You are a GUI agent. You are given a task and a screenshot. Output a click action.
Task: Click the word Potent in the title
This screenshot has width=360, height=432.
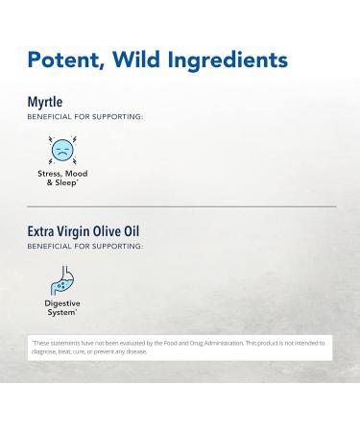(67, 60)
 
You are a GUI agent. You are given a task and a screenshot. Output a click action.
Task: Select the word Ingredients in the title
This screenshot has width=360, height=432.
(234, 60)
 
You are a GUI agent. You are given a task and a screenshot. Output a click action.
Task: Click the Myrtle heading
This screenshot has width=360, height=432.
(45, 102)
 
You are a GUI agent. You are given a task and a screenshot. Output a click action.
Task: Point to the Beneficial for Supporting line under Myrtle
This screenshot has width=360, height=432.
(85, 116)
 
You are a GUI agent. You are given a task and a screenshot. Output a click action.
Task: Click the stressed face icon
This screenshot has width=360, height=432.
(61, 150)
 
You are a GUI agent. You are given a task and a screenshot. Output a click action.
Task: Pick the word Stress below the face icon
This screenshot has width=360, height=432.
(50, 174)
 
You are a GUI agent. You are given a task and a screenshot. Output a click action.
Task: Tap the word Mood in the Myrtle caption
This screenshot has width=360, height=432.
(76, 174)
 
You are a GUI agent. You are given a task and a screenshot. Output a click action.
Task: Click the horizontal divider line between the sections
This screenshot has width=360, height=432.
(181, 206)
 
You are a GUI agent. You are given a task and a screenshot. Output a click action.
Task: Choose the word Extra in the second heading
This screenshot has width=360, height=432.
(43, 231)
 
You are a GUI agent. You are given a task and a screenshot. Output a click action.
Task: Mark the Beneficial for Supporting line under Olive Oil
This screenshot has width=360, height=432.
(85, 246)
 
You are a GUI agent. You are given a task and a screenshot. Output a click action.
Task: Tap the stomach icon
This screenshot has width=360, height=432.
(61, 280)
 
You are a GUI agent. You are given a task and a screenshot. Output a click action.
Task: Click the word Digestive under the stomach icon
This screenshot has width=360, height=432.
(62, 304)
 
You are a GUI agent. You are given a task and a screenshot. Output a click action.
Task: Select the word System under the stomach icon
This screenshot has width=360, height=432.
(60, 312)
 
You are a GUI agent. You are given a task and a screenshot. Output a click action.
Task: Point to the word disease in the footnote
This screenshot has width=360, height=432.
(135, 351)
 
